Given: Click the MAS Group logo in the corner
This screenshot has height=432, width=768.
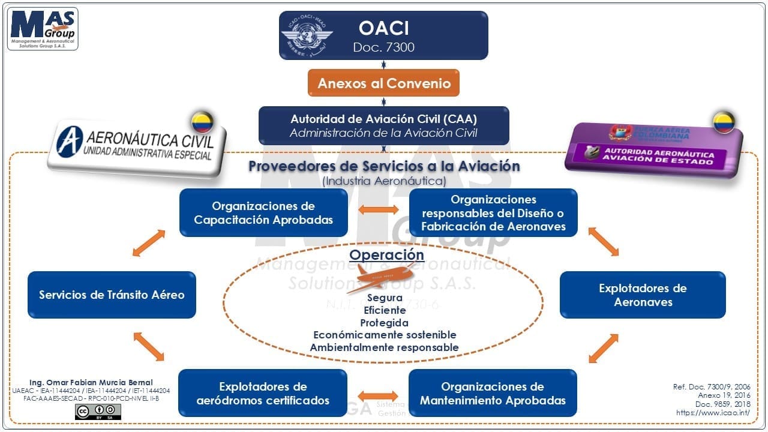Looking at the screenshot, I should pyautogui.click(x=43, y=29).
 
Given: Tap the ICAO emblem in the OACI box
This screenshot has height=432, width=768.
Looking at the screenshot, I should pyautogui.click(x=307, y=35).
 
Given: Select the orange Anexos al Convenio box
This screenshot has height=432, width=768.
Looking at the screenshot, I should pyautogui.click(x=383, y=83).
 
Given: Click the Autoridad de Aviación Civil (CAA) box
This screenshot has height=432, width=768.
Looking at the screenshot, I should pyautogui.click(x=383, y=125).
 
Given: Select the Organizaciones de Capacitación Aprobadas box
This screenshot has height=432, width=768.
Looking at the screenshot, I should pyautogui.click(x=263, y=212).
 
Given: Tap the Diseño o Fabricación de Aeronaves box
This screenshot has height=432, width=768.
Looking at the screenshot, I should pyautogui.click(x=493, y=212).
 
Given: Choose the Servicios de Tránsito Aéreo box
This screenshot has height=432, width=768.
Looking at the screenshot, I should pyautogui.click(x=112, y=295).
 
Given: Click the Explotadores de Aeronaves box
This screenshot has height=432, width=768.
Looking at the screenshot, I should pyautogui.click(x=643, y=295).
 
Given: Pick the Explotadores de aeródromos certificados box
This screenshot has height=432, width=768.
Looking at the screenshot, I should pyautogui.click(x=263, y=393).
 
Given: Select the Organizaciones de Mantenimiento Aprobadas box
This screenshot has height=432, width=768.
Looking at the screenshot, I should pyautogui.click(x=493, y=393).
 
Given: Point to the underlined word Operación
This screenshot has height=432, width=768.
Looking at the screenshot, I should pyautogui.click(x=386, y=254).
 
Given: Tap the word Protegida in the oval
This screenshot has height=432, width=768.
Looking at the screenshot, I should pyautogui.click(x=385, y=323).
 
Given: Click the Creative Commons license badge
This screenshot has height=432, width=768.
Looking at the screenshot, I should pyautogui.click(x=98, y=412).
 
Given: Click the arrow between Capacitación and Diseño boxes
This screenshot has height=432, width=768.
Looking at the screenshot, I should pyautogui.click(x=379, y=210).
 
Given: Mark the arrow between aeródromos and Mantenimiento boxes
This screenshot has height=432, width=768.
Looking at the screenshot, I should pyautogui.click(x=378, y=396).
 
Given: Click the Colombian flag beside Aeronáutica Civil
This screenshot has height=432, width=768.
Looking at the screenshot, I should pyautogui.click(x=202, y=122).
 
